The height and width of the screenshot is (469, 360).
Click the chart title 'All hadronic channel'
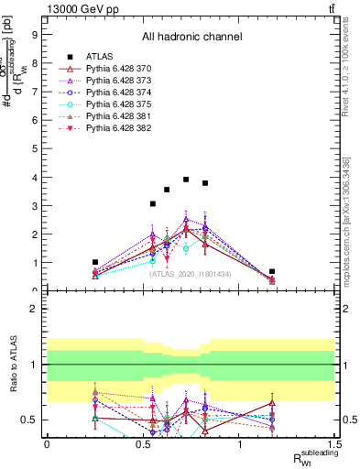(191, 37)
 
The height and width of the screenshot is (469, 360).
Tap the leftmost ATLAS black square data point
(95, 262)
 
